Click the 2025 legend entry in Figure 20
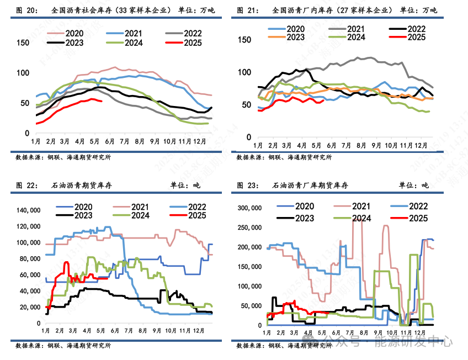pos(192,43)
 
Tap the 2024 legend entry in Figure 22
pos(139,215)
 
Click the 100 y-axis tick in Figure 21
pos(244,72)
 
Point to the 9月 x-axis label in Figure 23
pos(376,333)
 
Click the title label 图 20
pos(26,10)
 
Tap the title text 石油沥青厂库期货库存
pos(310,186)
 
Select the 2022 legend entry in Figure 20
pos(192,33)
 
